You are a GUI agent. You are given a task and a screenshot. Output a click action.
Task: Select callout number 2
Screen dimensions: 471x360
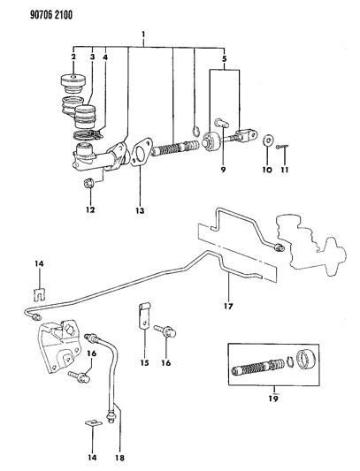point(73,58)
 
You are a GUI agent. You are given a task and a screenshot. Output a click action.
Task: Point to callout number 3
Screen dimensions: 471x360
point(90,58)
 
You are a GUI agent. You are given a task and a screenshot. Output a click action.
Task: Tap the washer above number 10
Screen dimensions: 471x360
point(266,140)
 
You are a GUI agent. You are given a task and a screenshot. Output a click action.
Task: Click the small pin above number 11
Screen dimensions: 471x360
point(280,147)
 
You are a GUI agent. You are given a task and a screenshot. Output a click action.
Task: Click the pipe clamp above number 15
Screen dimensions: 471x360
point(141,315)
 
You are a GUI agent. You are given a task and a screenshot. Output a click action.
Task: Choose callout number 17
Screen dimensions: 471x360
point(228,308)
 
